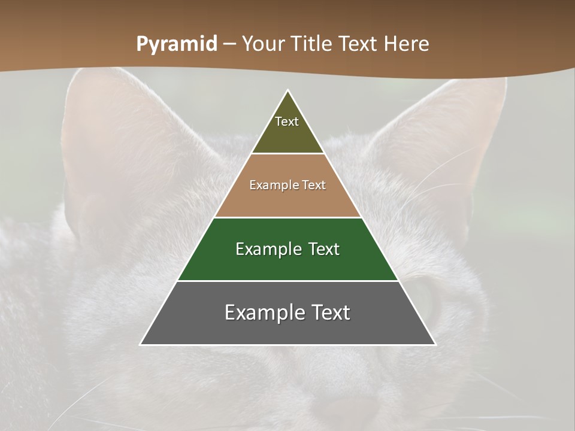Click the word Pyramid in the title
pyautogui.click(x=176, y=44)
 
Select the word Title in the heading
pyautogui.click(x=315, y=44)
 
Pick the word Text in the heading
pyautogui.click(x=359, y=44)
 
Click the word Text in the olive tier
pyautogui.click(x=287, y=122)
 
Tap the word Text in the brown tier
pyautogui.click(x=314, y=186)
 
